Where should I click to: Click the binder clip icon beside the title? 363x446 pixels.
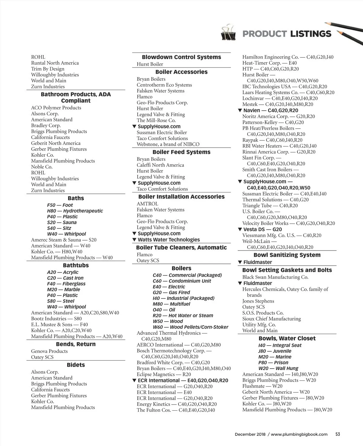229,33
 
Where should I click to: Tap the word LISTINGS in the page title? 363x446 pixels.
310,34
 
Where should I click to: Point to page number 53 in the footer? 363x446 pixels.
338,434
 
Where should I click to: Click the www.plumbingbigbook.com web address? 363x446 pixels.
299,434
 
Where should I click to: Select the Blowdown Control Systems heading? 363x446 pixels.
181,57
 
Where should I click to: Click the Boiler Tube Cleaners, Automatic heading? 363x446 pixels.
181,248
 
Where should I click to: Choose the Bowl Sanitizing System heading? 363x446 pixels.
287,255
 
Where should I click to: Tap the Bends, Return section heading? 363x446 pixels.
76,344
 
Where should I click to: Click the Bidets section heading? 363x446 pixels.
76,365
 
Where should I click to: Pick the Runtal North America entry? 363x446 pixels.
55,63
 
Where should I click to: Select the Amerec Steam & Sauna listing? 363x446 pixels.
64,240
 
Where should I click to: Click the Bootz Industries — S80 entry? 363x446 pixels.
56,319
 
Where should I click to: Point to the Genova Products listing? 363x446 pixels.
49,351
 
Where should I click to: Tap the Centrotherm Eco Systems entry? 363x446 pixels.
164,85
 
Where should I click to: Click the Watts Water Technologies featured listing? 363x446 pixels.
168,240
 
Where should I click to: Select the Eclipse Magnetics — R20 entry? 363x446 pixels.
164,375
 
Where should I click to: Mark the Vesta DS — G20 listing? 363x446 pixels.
262,229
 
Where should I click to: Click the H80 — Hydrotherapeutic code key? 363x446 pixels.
75,211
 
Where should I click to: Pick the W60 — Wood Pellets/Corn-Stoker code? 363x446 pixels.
191,327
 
